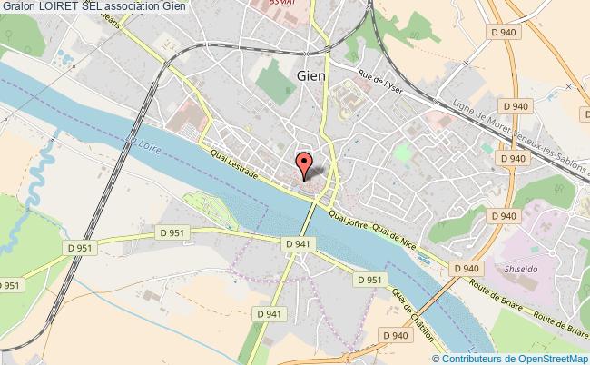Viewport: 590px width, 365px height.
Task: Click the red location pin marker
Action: click(x=306, y=163)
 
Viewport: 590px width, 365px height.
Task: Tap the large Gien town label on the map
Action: click(x=311, y=76)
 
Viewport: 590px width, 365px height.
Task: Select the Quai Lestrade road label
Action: click(x=239, y=166)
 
